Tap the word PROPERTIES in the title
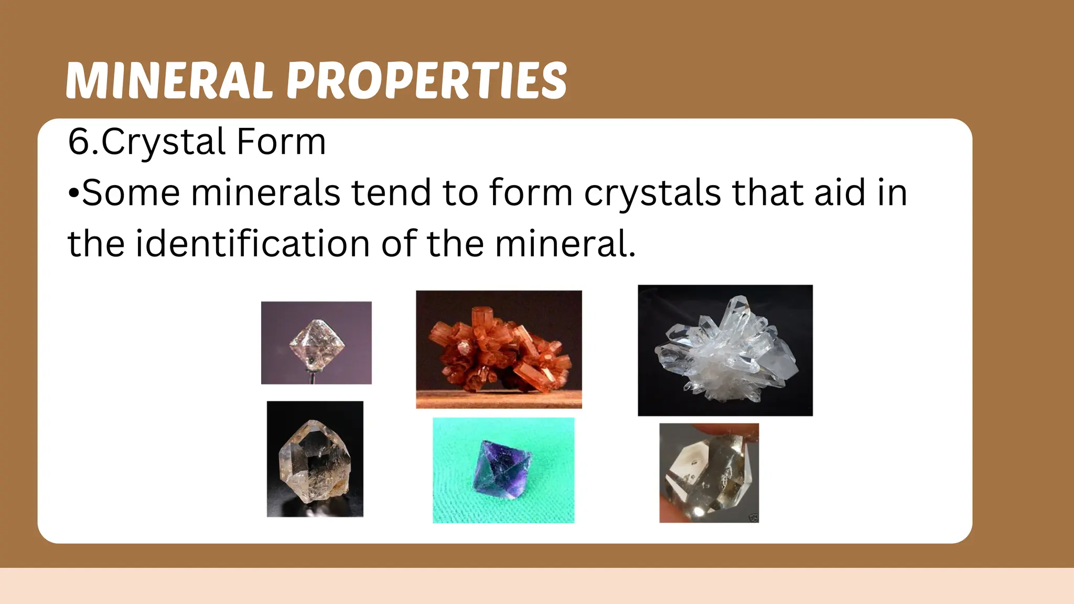[426, 81]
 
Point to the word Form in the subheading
[281, 142]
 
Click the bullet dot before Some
[73, 193]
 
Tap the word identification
[253, 244]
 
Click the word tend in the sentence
[391, 193]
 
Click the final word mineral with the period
[565, 244]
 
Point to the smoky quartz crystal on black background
[314, 461]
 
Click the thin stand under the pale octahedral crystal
[314, 377]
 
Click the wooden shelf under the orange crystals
[498, 400]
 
